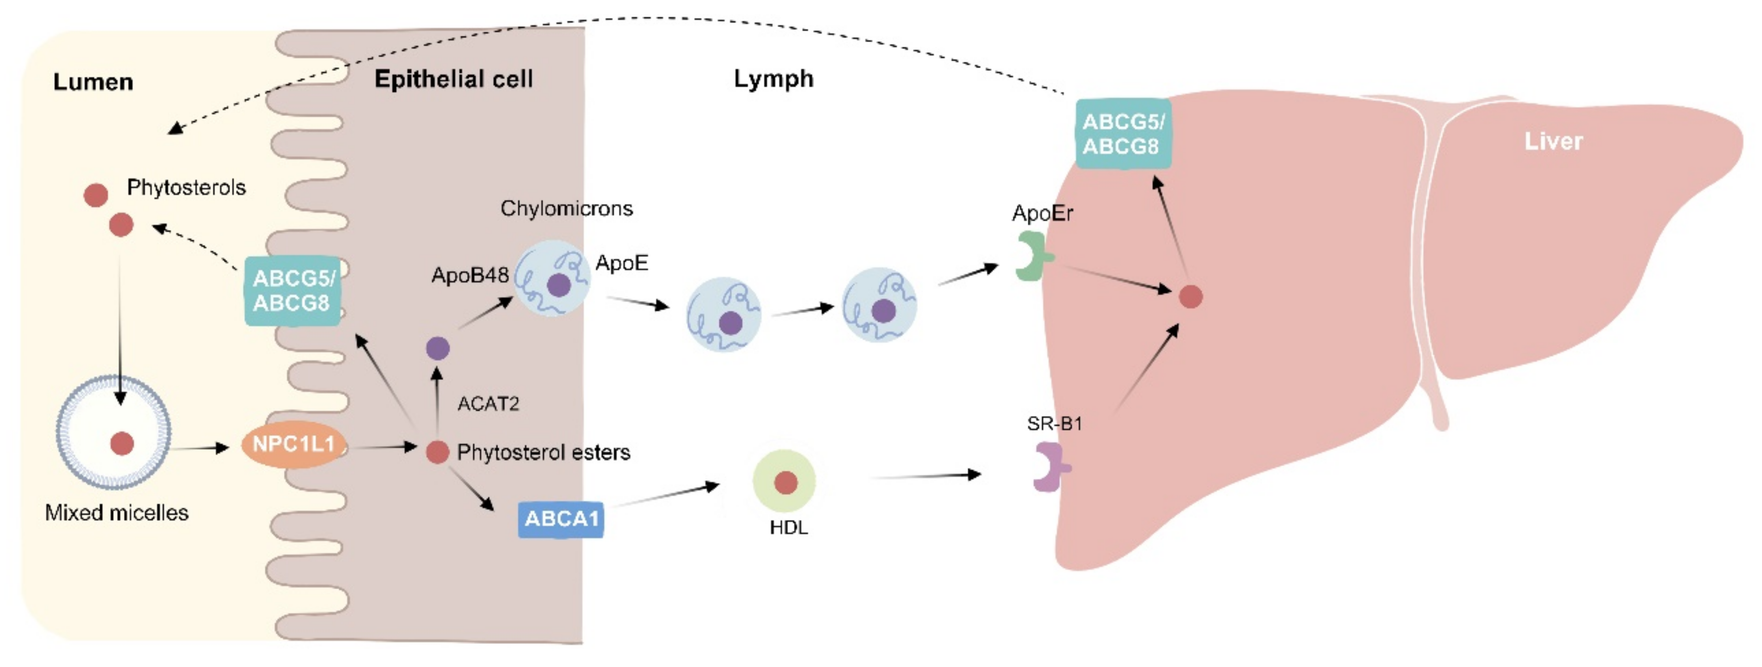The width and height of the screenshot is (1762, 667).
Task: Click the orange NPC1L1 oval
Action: coord(293,445)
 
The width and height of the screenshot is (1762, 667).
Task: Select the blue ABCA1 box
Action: coord(561,519)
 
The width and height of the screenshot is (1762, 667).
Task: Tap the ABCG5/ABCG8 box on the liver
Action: coord(1123,134)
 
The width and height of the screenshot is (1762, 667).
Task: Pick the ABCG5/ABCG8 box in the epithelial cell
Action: coord(293,290)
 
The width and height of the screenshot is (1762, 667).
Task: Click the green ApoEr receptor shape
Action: coord(1032,256)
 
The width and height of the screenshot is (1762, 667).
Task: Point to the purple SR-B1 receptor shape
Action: coord(1049,467)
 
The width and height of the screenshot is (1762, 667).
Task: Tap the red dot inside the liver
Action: coord(1191,297)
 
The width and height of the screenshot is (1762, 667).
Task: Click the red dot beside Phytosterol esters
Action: coord(437,452)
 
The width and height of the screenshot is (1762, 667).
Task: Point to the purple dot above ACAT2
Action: coord(438,348)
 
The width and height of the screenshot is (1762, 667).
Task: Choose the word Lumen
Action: coord(93,82)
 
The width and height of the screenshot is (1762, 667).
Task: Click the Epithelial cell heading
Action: coord(453,79)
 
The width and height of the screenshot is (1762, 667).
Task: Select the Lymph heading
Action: coord(773,79)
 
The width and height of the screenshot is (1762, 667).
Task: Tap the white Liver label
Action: coord(1553,142)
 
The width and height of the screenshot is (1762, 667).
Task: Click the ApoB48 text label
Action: coord(470,275)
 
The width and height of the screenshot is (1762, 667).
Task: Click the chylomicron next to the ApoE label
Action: coord(552,278)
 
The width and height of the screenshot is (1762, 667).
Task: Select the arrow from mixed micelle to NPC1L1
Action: coord(199,449)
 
